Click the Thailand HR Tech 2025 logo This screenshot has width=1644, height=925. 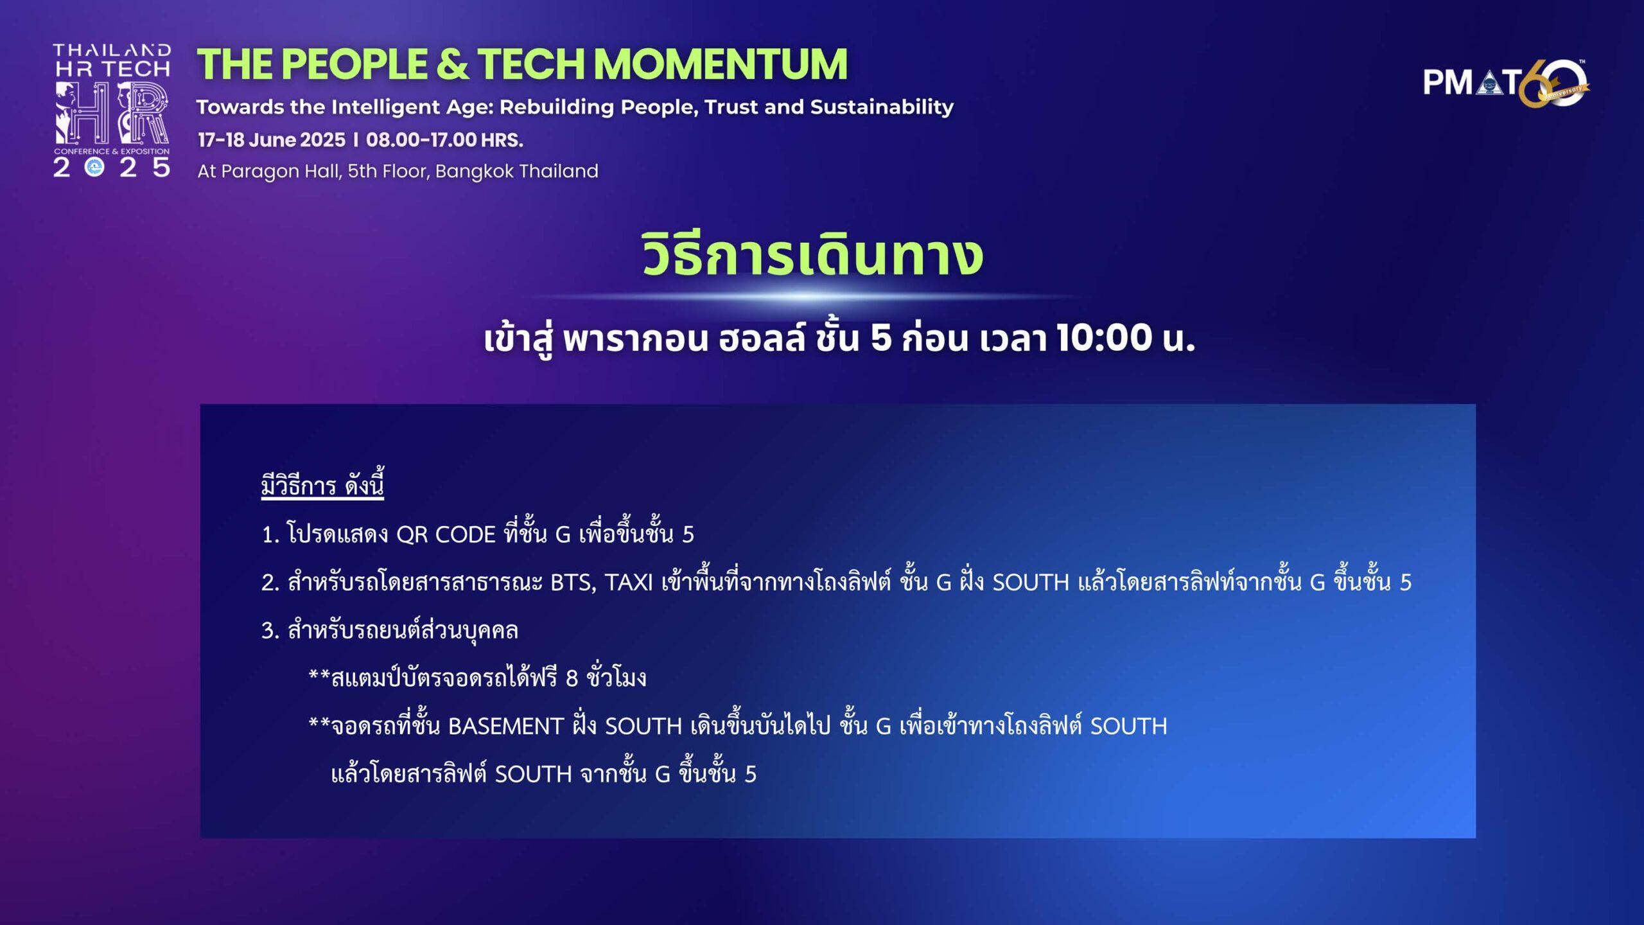[112, 110]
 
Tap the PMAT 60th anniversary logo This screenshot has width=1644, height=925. [1506, 84]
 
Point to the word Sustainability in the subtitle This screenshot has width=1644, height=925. [882, 107]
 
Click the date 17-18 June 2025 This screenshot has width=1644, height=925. [272, 140]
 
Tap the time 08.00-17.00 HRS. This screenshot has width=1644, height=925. [444, 140]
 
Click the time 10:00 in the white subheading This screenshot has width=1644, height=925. [1105, 337]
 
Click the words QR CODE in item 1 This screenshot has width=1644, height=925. [446, 534]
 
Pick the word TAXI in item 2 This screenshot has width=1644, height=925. [629, 583]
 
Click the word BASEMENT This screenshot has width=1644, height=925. [505, 727]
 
